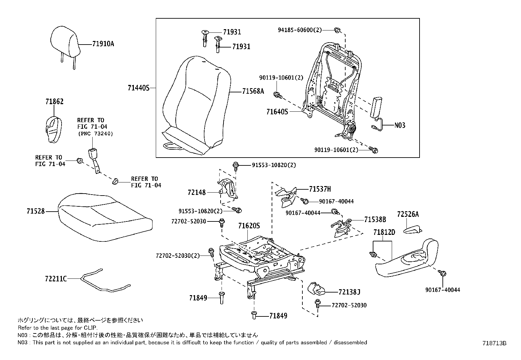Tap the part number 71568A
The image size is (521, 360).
pyautogui.click(x=253, y=91)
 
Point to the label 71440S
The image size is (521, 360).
pyautogui.click(x=138, y=88)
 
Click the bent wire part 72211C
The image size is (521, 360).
pyautogui.click(x=105, y=282)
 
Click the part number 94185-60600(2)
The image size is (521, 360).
pyautogui.click(x=299, y=30)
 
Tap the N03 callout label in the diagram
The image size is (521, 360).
pyautogui.click(x=399, y=125)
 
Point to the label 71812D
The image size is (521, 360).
pyautogui.click(x=384, y=232)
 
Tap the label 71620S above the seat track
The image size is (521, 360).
pyautogui.click(x=249, y=226)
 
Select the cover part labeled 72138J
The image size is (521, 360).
pyautogui.click(x=316, y=288)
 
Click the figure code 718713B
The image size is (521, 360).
pyautogui.click(x=494, y=343)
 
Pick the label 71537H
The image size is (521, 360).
pyautogui.click(x=320, y=189)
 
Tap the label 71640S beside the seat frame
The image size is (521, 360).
pyautogui.click(x=277, y=112)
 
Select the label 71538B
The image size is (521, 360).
pyautogui.click(x=375, y=219)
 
